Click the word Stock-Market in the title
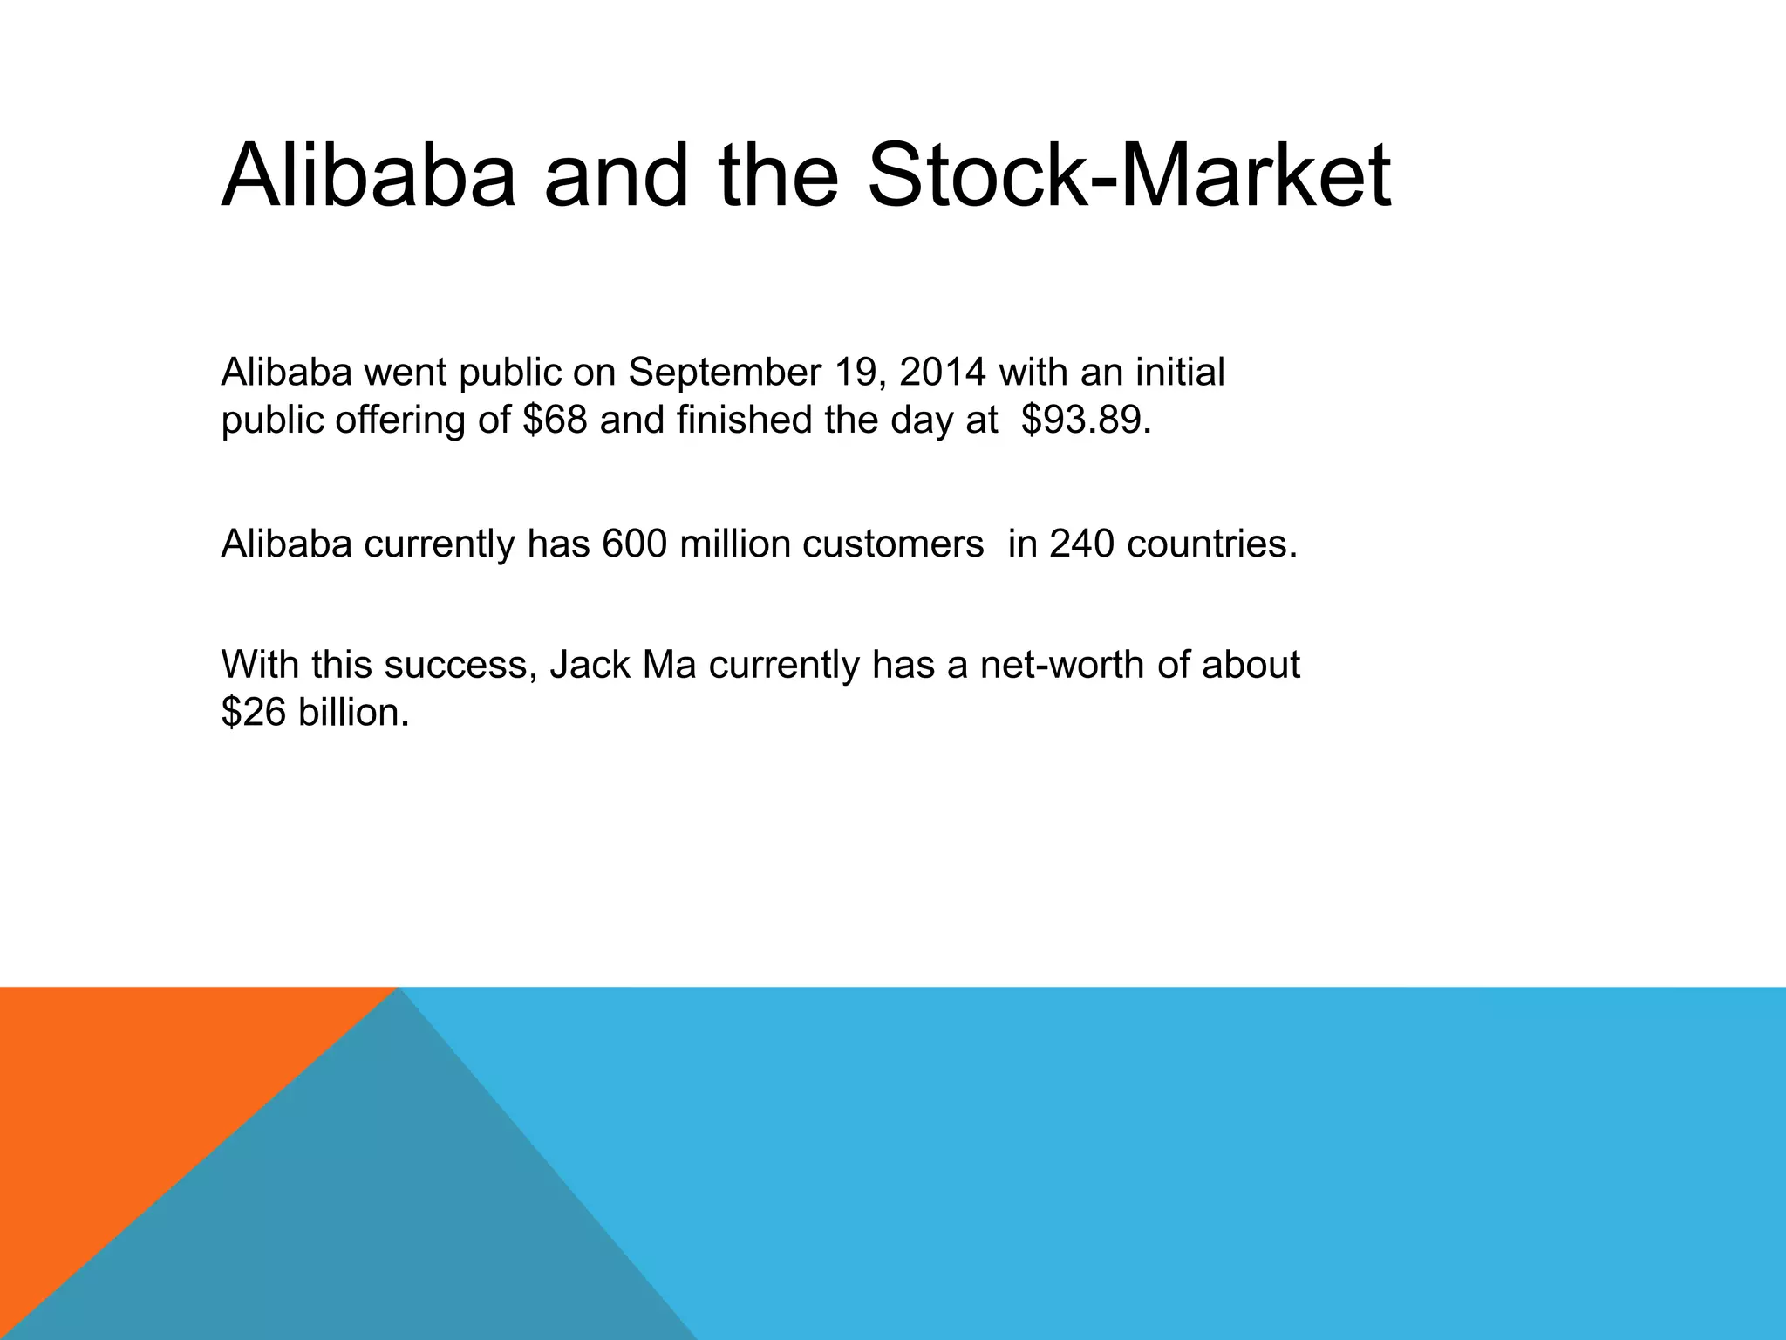click(1129, 177)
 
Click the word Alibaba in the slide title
click(369, 177)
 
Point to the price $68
click(555, 420)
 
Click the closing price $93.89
click(1081, 420)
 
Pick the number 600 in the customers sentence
click(634, 544)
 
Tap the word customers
click(893, 544)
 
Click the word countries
click(1212, 544)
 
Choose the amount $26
click(253, 714)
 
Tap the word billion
click(352, 714)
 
